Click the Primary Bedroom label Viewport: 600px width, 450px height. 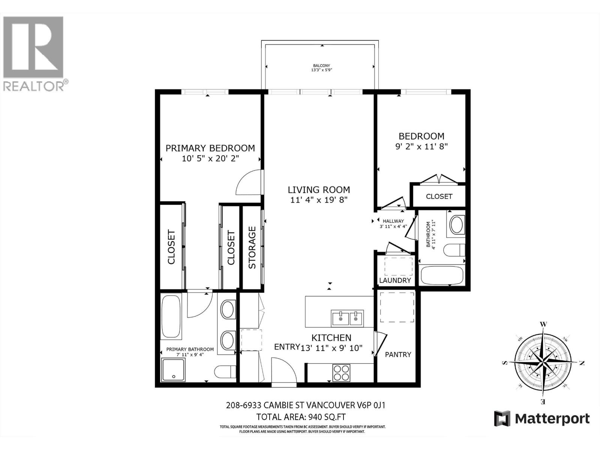click(x=210, y=148)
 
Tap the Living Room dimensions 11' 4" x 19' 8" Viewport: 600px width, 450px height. click(x=319, y=200)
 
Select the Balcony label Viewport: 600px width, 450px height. click(x=321, y=66)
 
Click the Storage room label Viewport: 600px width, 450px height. click(x=252, y=247)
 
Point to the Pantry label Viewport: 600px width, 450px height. click(x=398, y=354)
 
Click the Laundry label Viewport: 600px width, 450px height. click(x=395, y=280)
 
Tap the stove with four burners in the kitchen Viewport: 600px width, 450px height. click(x=341, y=372)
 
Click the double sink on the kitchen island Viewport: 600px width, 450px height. click(x=347, y=318)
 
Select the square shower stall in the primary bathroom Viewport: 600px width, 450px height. click(x=173, y=369)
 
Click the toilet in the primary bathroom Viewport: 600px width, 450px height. click(x=224, y=372)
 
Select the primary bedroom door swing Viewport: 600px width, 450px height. click(x=248, y=183)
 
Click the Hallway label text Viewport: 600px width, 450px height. click(x=393, y=221)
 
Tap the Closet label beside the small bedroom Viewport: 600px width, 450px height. click(x=439, y=196)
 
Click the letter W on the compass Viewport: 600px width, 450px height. click(x=543, y=324)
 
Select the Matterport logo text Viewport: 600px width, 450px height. click(x=552, y=418)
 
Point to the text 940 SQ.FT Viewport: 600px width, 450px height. click(x=326, y=417)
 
